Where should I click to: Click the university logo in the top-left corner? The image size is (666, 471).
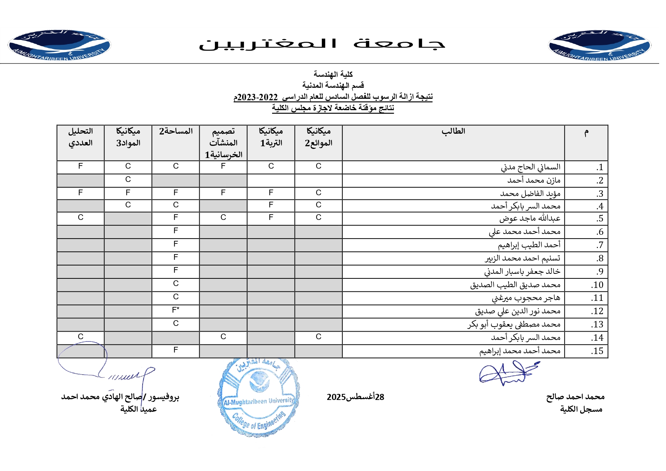tap(59, 45)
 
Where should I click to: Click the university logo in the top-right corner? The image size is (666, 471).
tap(600, 45)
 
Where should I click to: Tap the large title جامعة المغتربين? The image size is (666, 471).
tap(322, 44)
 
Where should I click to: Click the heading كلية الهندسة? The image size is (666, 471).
tap(333, 74)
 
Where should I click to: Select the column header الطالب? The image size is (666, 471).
tap(453, 131)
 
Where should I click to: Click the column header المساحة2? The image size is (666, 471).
tap(176, 131)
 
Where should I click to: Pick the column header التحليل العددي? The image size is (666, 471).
tap(80, 137)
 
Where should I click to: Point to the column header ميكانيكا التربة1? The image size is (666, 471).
tap(271, 137)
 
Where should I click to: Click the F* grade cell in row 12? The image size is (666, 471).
tap(176, 310)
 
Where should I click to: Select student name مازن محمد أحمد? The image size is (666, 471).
tap(534, 180)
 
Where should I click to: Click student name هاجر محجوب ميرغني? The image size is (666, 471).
tap(526, 298)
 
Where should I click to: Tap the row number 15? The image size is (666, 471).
tap(597, 351)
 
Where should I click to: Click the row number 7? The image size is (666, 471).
tap(600, 245)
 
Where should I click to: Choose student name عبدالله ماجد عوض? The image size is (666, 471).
tap(530, 219)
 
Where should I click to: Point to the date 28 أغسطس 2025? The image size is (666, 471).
tap(355, 397)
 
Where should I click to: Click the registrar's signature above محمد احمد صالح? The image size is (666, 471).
tap(507, 374)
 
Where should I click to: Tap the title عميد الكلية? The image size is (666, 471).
tap(139, 409)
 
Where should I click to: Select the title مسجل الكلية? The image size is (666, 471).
tap(581, 409)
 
